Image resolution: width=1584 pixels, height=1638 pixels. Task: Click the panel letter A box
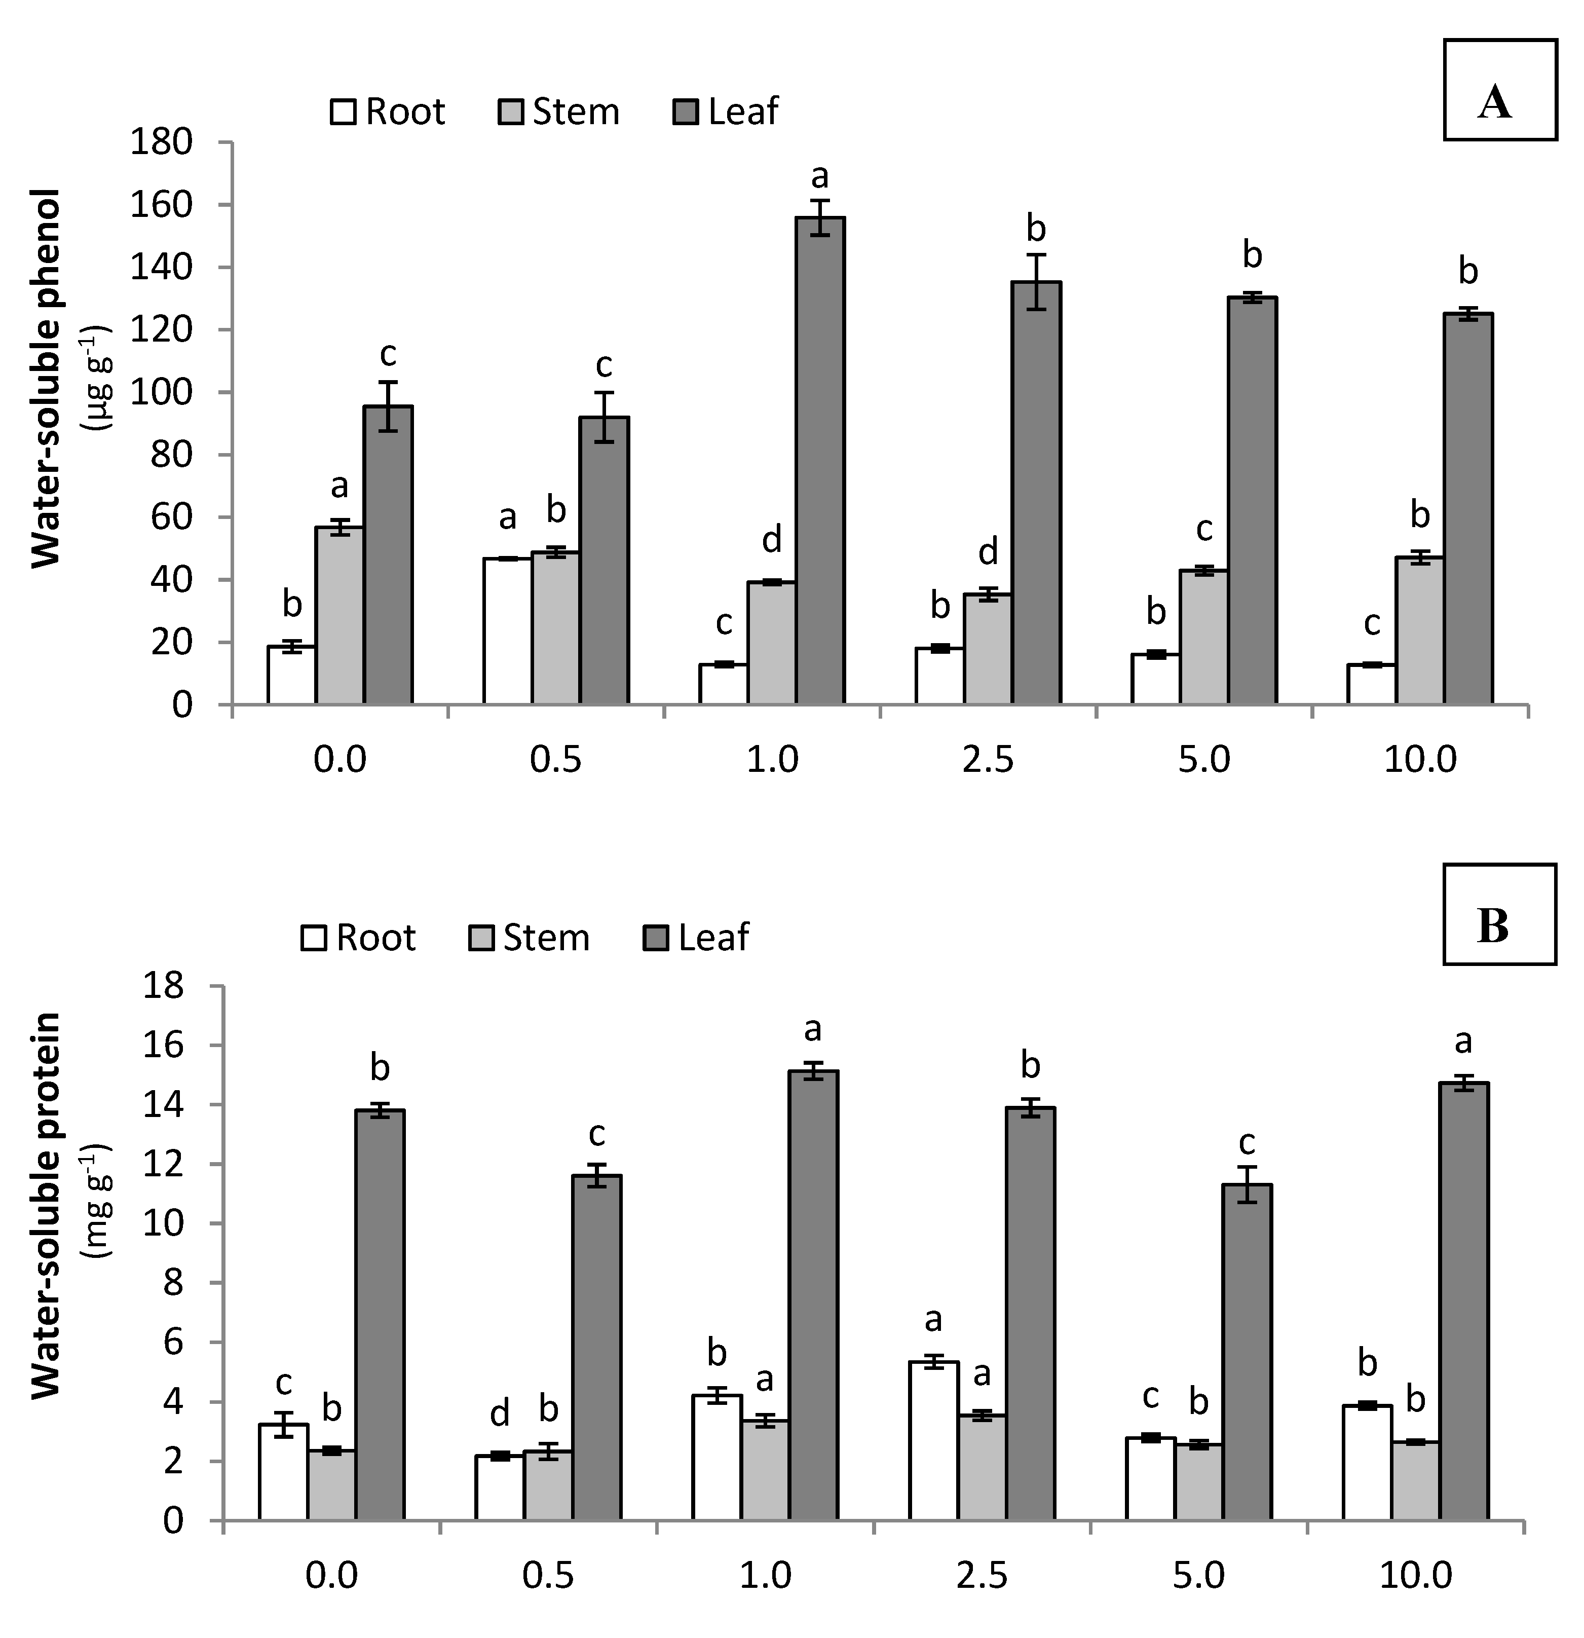1499,89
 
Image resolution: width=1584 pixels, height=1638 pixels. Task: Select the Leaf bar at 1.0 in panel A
819,460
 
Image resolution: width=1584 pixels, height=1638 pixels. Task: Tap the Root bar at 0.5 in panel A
507,631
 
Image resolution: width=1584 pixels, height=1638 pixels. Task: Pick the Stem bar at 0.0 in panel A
339,615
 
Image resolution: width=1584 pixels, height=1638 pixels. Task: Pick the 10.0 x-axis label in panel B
1415,1575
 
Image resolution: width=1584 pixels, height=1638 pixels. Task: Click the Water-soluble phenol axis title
49,378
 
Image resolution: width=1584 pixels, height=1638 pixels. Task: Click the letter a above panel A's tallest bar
819,176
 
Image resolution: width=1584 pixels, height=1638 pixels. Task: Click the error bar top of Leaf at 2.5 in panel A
1036,255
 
